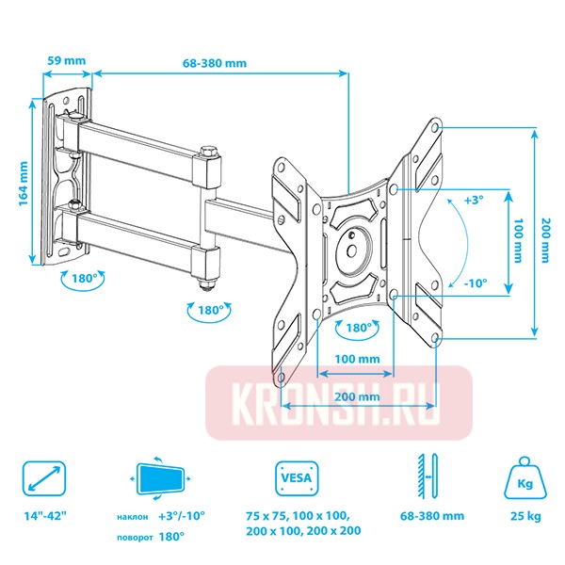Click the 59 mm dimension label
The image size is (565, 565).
(66, 61)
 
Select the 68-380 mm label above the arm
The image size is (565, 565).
(216, 63)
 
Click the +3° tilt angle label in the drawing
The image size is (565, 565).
(475, 201)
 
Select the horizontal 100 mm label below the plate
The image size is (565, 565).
(356, 359)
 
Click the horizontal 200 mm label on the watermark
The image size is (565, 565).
(356, 397)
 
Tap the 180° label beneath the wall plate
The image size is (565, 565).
(79, 280)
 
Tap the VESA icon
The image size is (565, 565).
(292, 477)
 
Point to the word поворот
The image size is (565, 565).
(137, 535)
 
